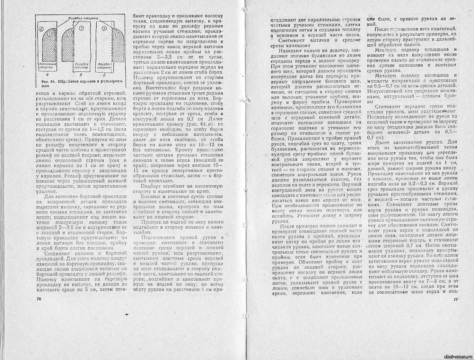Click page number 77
pyautogui.click(x=455, y=300)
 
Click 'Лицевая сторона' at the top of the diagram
pyautogui.click(x=84, y=19)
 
